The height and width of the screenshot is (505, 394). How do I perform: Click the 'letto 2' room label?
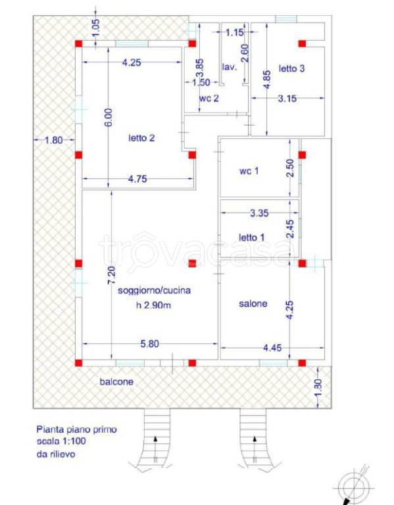141,138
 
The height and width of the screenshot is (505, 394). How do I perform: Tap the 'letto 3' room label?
291,68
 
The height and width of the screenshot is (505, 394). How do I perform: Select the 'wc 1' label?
249,171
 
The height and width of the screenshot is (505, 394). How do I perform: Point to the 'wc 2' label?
209,98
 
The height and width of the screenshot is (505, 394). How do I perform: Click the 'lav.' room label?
230,67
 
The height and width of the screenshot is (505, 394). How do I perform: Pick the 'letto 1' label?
251,237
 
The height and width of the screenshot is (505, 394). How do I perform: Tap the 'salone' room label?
253,303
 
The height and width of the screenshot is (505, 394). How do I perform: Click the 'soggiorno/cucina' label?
154,290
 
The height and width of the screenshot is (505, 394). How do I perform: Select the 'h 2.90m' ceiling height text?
153,304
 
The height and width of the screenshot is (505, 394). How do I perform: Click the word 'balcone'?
116,381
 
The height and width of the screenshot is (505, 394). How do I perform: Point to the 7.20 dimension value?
111,276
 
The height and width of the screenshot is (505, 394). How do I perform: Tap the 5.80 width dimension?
149,344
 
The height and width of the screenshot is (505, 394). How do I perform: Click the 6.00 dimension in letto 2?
109,117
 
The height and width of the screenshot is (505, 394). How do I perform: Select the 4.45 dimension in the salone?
272,347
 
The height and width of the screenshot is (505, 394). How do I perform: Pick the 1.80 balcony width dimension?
53,140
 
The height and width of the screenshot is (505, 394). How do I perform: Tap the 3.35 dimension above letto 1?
259,212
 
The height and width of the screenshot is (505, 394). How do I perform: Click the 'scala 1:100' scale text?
61,441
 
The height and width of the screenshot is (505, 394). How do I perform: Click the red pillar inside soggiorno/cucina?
192,263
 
